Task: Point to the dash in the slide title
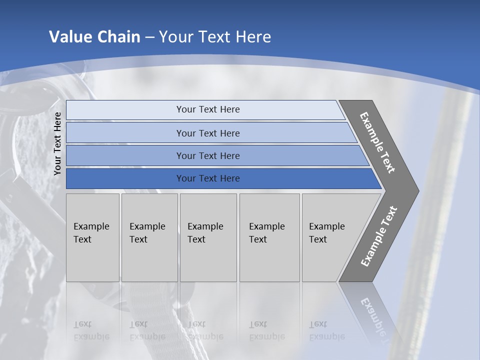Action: pos(149,37)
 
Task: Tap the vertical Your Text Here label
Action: pos(57,143)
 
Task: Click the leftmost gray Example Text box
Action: pos(92,237)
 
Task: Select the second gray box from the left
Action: pos(149,237)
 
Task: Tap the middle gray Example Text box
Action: pos(208,237)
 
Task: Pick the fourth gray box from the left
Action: pos(269,237)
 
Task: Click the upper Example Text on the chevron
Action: pos(377,142)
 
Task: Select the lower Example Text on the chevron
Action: pos(379,236)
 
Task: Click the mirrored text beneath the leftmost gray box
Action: pos(91,330)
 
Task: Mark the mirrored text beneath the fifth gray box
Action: pos(326,330)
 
